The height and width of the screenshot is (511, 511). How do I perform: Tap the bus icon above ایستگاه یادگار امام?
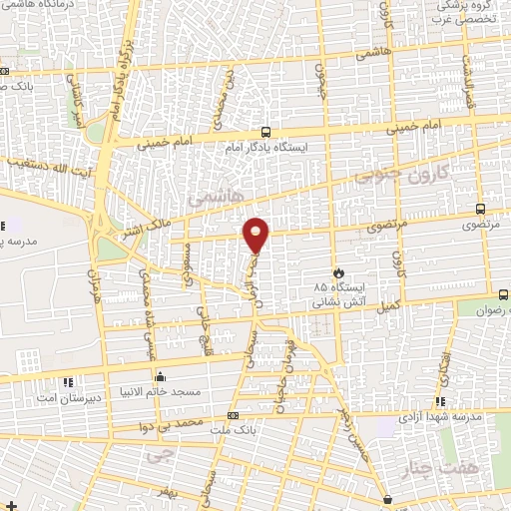point(264,132)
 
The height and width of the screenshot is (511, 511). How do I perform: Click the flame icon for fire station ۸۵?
point(338,271)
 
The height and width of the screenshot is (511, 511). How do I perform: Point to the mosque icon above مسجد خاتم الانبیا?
point(159,376)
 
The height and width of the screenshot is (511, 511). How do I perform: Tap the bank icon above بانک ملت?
point(233,414)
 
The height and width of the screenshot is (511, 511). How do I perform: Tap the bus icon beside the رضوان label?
point(502,294)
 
